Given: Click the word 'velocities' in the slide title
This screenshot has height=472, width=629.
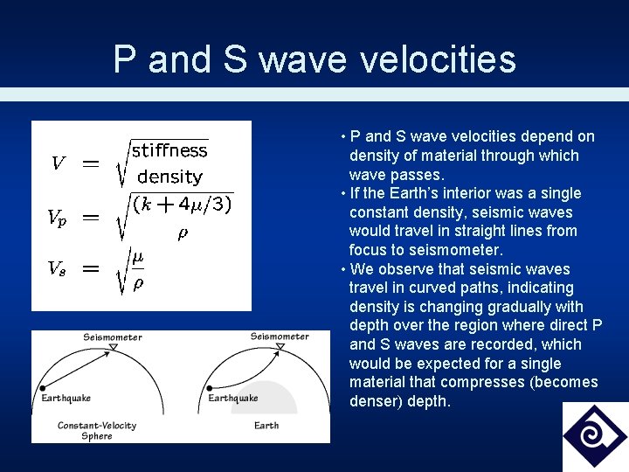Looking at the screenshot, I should coord(437,59).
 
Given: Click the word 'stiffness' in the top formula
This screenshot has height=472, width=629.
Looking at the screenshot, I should coord(169,150).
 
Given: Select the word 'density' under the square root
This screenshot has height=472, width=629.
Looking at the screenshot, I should coord(169,177).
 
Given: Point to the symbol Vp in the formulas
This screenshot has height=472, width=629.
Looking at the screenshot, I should coord(56,219).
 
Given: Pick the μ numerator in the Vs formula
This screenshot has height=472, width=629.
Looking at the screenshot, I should coord(137,256).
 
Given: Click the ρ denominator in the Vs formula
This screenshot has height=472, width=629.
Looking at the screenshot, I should coord(137,283).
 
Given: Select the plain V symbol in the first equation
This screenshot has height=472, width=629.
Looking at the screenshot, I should coord(58,163).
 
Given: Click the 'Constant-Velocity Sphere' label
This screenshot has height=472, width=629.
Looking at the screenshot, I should coord(97,430).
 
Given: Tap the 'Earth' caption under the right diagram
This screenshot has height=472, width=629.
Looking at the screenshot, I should coord(266,426).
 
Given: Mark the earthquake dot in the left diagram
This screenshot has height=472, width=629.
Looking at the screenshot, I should coord(41,387).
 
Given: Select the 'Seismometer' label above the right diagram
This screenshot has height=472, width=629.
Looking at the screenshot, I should coord(280,337).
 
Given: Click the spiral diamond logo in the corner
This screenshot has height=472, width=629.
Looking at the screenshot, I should coord(595,436).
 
